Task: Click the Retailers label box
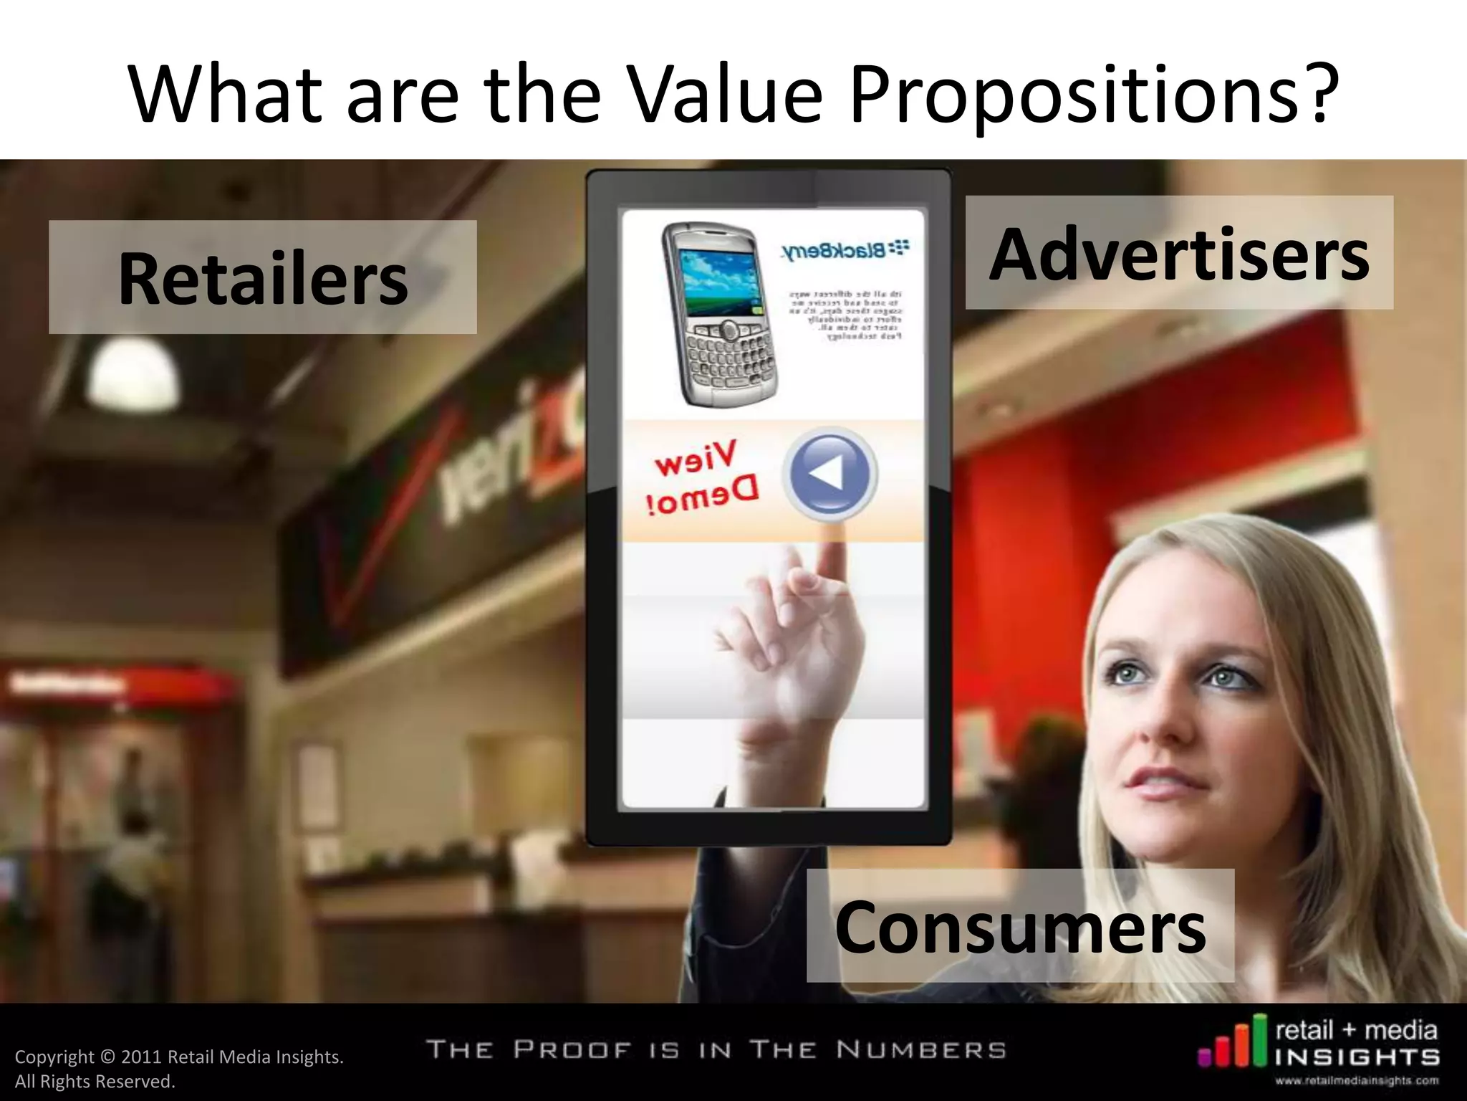[262, 277]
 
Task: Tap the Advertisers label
[1178, 253]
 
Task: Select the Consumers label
[1020, 926]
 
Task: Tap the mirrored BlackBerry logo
[845, 250]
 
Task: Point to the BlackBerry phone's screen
[717, 282]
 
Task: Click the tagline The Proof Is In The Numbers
[716, 1050]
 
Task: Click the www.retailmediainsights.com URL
[1356, 1081]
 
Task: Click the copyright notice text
[178, 1068]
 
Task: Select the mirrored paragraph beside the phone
[845, 315]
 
